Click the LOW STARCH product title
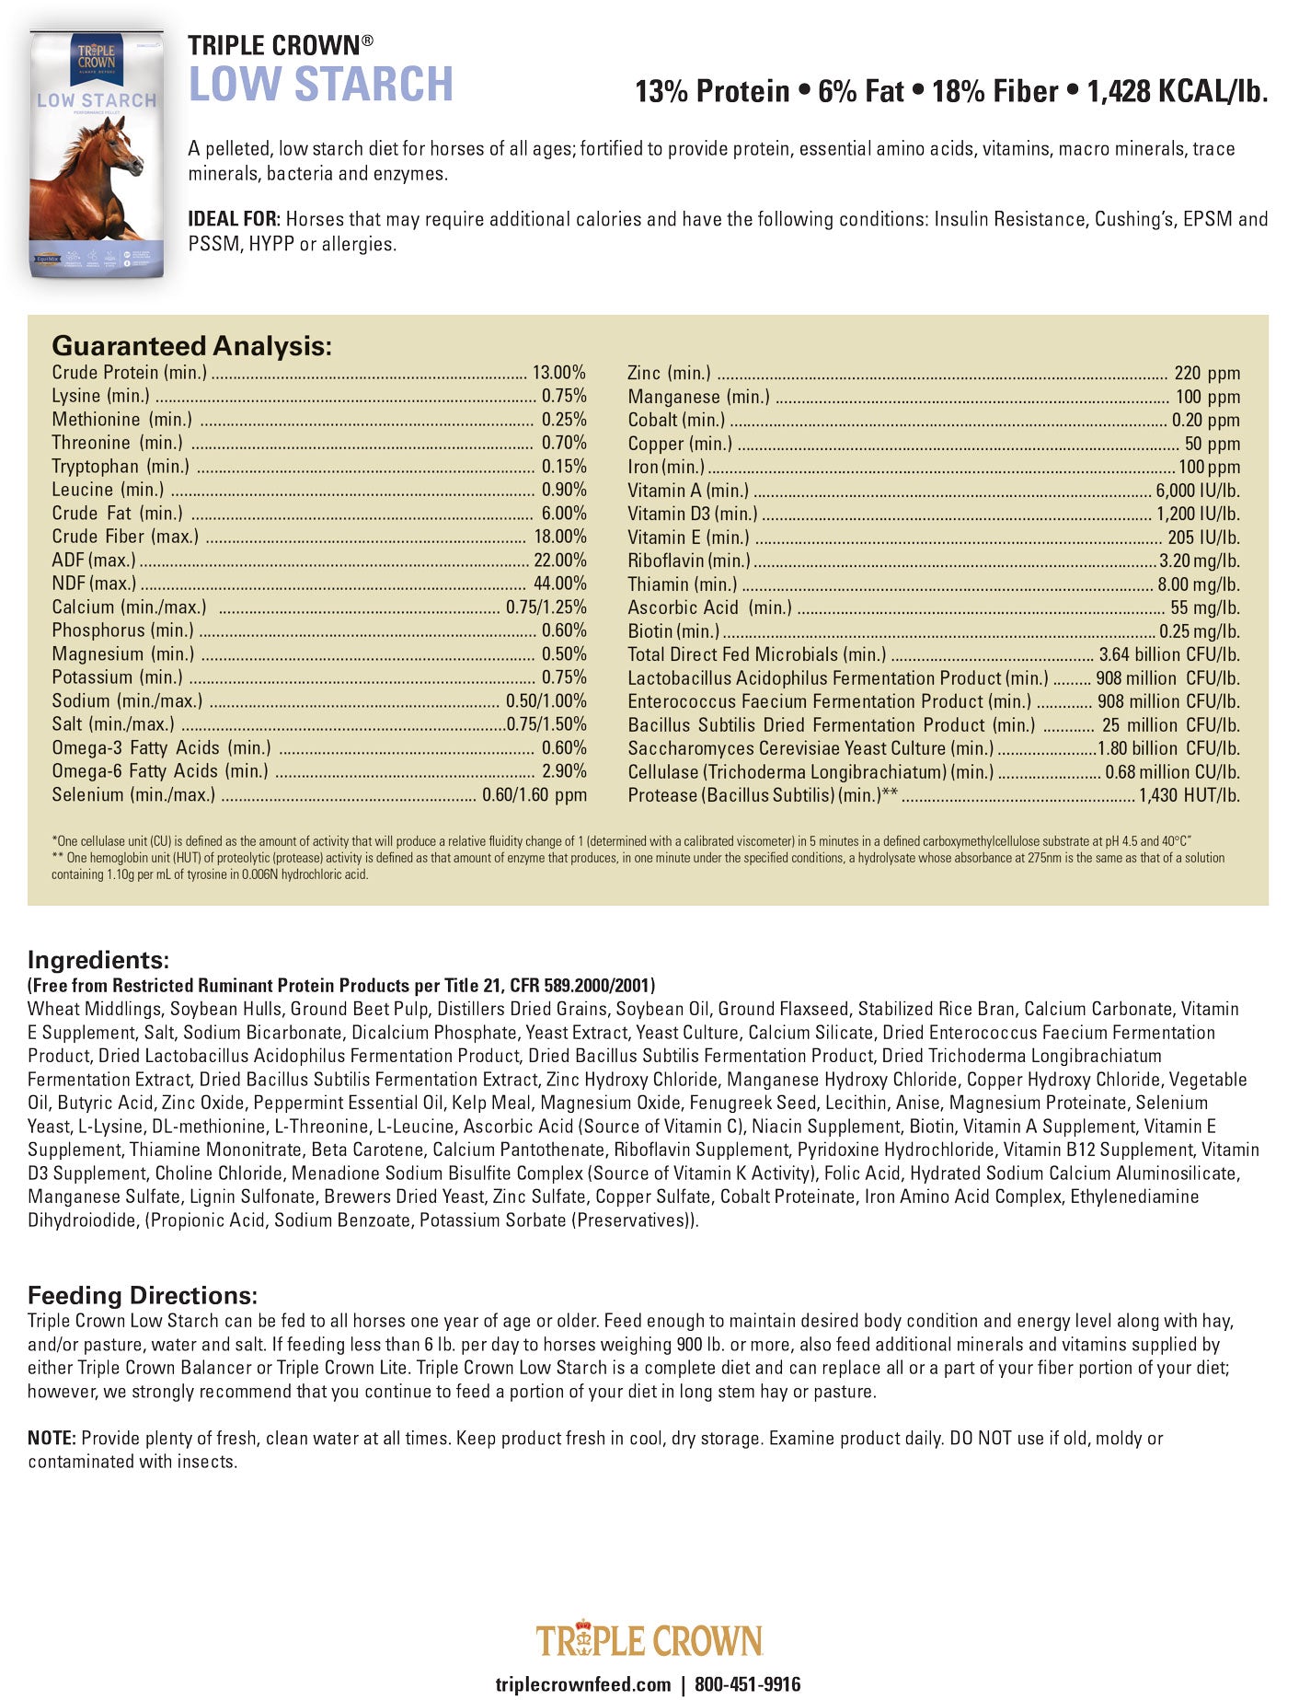(x=320, y=85)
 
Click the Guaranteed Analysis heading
(x=191, y=346)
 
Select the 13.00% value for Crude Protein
(x=558, y=373)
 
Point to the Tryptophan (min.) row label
(x=121, y=467)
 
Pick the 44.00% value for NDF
(x=559, y=584)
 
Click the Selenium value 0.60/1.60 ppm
(x=534, y=795)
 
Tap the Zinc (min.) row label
(x=669, y=373)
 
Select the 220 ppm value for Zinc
(x=1207, y=374)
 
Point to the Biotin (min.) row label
(x=673, y=631)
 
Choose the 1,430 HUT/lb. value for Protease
(x=1189, y=795)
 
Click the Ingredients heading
(x=98, y=960)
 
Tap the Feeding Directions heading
(x=143, y=1296)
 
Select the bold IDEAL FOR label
(x=234, y=220)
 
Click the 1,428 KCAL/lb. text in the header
(x=1177, y=92)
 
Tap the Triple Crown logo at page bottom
(x=649, y=1640)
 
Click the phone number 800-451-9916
(x=747, y=1684)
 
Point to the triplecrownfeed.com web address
(x=583, y=1684)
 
